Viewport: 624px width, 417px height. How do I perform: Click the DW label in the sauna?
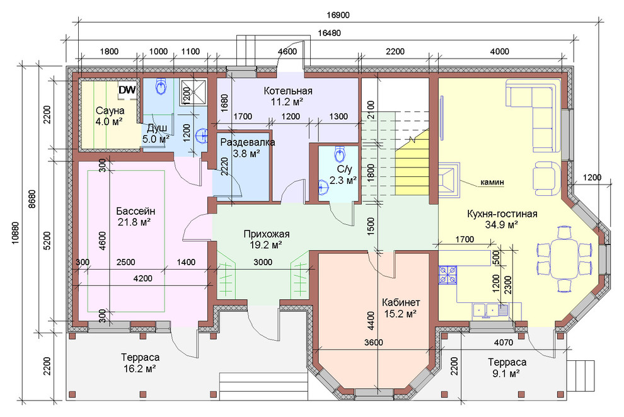click(x=127, y=90)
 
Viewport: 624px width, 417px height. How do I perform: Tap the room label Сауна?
click(x=110, y=110)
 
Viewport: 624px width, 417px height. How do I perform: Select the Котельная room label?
click(x=287, y=91)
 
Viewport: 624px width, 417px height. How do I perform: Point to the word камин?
click(x=492, y=183)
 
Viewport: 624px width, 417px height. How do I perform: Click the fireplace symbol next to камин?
click(x=449, y=180)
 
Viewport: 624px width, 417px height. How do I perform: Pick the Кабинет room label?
click(x=400, y=302)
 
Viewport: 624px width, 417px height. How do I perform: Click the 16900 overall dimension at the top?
click(x=338, y=15)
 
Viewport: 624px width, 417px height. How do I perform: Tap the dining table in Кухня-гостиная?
click(x=564, y=259)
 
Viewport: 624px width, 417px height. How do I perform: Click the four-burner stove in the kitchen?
click(x=448, y=275)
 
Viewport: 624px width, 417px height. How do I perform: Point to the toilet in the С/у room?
click(x=340, y=153)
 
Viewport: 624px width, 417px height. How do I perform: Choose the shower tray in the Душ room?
click(x=194, y=92)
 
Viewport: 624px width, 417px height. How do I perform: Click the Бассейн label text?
click(x=136, y=211)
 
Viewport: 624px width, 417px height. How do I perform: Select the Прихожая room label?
click(x=266, y=234)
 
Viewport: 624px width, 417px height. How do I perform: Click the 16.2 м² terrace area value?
click(x=139, y=369)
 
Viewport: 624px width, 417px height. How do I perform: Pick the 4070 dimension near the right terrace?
click(x=504, y=342)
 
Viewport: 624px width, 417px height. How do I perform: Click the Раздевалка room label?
click(x=248, y=142)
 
